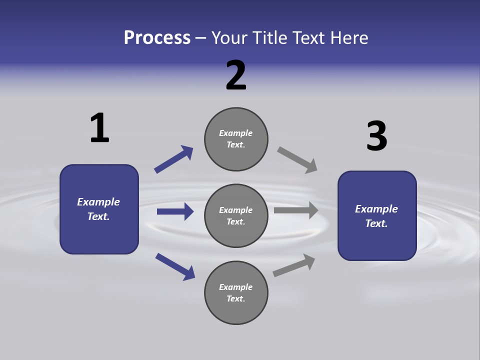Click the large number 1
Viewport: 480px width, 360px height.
click(x=99, y=128)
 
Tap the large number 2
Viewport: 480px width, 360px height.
click(x=236, y=75)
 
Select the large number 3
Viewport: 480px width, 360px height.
click(x=376, y=136)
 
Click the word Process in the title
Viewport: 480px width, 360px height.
click(x=157, y=37)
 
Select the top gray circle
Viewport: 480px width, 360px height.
click(x=236, y=139)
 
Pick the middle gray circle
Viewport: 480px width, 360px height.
click(x=236, y=215)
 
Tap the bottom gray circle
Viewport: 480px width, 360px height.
click(x=236, y=292)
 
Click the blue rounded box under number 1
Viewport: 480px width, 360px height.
click(x=99, y=209)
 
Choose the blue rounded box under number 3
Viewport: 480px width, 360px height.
click(x=377, y=215)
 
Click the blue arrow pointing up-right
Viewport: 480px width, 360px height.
click(x=173, y=159)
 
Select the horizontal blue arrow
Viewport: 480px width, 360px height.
click(x=175, y=211)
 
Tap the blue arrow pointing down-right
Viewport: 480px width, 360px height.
click(x=175, y=266)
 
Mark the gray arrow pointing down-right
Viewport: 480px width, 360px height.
click(x=297, y=160)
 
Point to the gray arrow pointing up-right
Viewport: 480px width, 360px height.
click(x=294, y=265)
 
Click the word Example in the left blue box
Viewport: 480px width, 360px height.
click(x=98, y=202)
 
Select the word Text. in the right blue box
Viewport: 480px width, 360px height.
click(x=376, y=223)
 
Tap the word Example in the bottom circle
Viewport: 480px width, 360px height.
click(x=235, y=287)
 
